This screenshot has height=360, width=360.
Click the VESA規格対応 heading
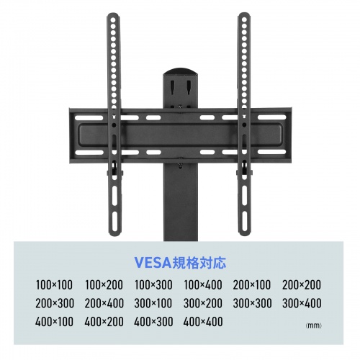180,262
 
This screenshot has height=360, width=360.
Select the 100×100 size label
54,285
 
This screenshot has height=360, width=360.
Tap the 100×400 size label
203,285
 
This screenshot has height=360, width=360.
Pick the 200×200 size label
302,285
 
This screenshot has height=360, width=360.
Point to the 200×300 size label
55,303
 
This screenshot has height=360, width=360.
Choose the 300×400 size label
302,303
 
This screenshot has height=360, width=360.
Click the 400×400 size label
203,322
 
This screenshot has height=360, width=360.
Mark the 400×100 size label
54,322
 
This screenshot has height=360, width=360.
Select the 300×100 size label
153,303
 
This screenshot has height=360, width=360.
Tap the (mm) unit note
314,325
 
